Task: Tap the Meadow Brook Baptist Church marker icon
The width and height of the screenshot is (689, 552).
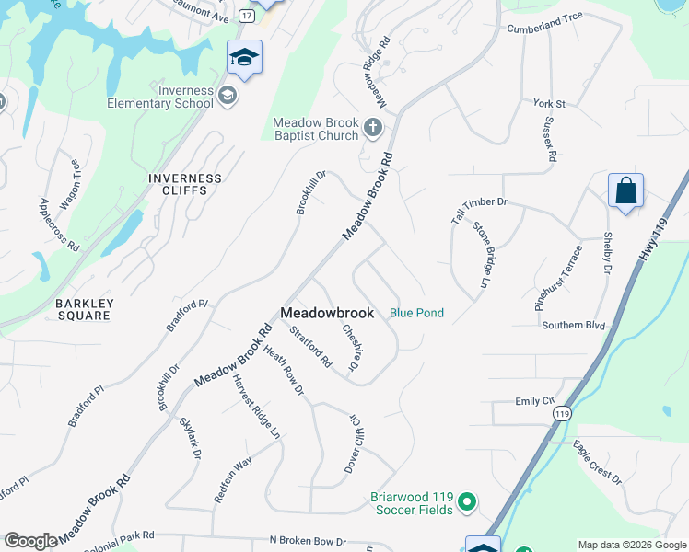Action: coord(373,127)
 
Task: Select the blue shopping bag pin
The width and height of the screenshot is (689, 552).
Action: coord(625,191)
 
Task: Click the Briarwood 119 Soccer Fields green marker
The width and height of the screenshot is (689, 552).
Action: coord(467,502)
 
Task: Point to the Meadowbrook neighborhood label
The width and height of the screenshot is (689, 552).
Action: coord(327,313)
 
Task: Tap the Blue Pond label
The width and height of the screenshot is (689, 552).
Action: coord(416,313)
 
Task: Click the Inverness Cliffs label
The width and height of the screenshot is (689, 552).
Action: coord(185,185)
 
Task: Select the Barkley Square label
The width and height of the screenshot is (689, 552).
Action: coord(83,310)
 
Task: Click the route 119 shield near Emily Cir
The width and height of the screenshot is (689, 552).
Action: coord(562,414)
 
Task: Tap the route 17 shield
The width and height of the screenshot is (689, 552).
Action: coord(246,17)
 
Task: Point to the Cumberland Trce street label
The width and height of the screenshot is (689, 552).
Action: coord(545,29)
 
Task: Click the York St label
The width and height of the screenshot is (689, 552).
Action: coord(549,104)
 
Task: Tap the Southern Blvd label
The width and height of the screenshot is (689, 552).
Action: coord(573,326)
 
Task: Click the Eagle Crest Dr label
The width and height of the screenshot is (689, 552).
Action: coord(597,464)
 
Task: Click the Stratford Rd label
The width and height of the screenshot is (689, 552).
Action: coord(310,347)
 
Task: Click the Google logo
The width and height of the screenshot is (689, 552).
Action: coord(30,541)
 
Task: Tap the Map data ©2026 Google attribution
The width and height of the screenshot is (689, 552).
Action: coord(632,545)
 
